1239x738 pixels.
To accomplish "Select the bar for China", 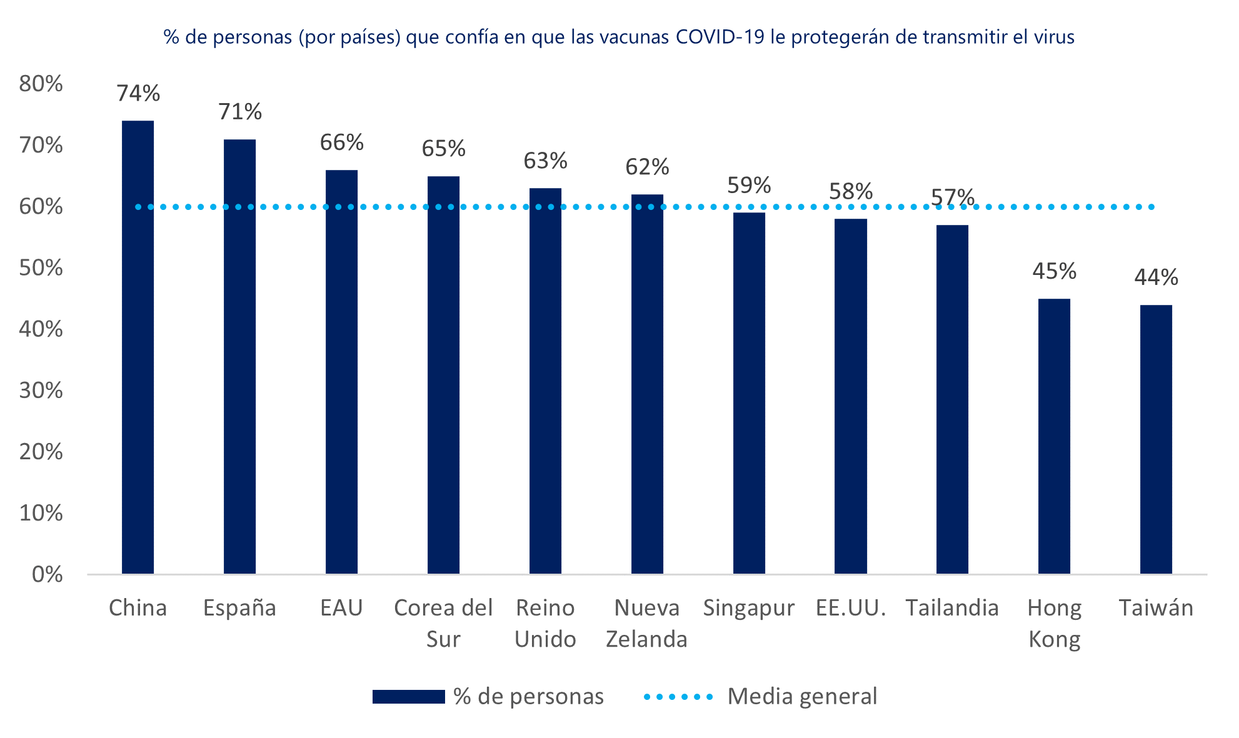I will click(x=138, y=347).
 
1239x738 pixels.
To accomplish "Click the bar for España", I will click(x=239, y=356).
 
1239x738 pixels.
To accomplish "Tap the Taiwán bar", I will click(x=1156, y=439).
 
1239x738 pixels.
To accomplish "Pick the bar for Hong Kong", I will click(x=1054, y=436).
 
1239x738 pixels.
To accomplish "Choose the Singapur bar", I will click(x=749, y=393).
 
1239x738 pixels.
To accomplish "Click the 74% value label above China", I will click(x=138, y=94).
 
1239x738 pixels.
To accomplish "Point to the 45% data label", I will click(x=1054, y=271).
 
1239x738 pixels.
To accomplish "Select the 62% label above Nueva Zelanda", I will click(x=647, y=167).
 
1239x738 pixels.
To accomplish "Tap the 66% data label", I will click(x=341, y=142).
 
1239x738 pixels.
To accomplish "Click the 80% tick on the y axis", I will click(x=41, y=84).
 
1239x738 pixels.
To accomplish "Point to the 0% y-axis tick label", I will click(x=47, y=574).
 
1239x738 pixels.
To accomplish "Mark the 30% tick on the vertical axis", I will click(x=41, y=391).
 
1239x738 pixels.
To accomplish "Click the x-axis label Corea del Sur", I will click(x=443, y=623).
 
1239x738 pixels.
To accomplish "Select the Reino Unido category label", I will click(x=545, y=623).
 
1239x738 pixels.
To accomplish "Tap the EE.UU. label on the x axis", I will click(x=851, y=607).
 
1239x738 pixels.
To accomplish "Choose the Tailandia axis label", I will click(x=952, y=607).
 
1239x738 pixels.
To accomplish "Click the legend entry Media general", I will click(x=802, y=696).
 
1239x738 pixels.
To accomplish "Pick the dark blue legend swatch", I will click(x=408, y=696).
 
